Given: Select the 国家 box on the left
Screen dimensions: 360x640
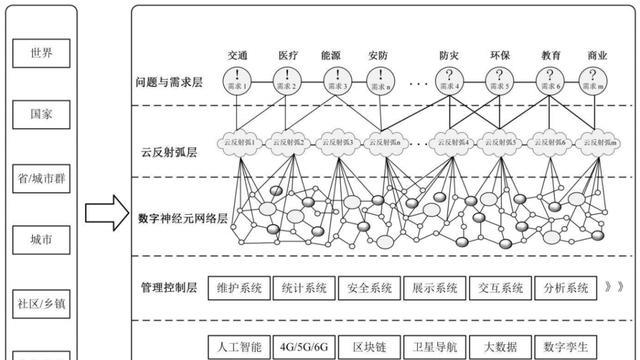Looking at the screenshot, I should [41, 115].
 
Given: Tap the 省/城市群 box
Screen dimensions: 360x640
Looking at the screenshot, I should [41, 176].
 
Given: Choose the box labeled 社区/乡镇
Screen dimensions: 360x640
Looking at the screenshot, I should [41, 301].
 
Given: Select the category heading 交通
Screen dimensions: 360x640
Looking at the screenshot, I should [237, 56].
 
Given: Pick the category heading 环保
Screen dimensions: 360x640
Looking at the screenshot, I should [499, 56].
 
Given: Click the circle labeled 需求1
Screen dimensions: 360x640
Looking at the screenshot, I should [237, 80].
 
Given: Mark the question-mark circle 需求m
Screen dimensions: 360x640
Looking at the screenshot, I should [598, 80].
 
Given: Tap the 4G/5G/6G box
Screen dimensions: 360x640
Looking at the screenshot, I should [303, 347].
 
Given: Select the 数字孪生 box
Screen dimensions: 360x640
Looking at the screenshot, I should [564, 347].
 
